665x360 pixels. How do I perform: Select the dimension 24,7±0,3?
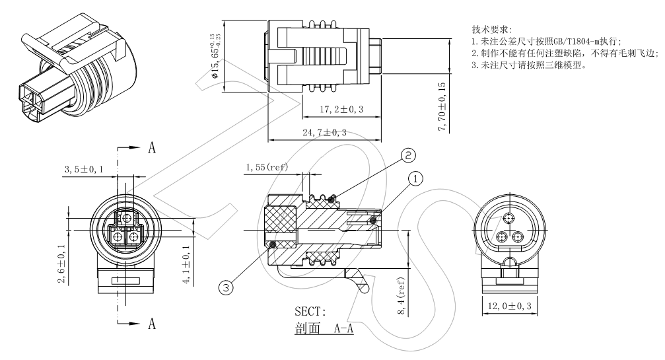tap(325, 133)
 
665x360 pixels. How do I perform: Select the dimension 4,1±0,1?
tap(187, 265)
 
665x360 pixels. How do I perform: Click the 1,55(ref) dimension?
tap(267, 168)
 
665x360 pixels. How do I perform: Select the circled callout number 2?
tap(409, 155)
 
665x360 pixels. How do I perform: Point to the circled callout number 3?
tap(227, 288)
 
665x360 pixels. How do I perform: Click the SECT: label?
tap(310, 312)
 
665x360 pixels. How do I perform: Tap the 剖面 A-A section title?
tap(324, 327)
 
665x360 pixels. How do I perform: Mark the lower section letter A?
tap(151, 324)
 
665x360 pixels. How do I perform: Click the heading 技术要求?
tap(489, 30)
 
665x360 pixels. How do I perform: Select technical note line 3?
tap(528, 65)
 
